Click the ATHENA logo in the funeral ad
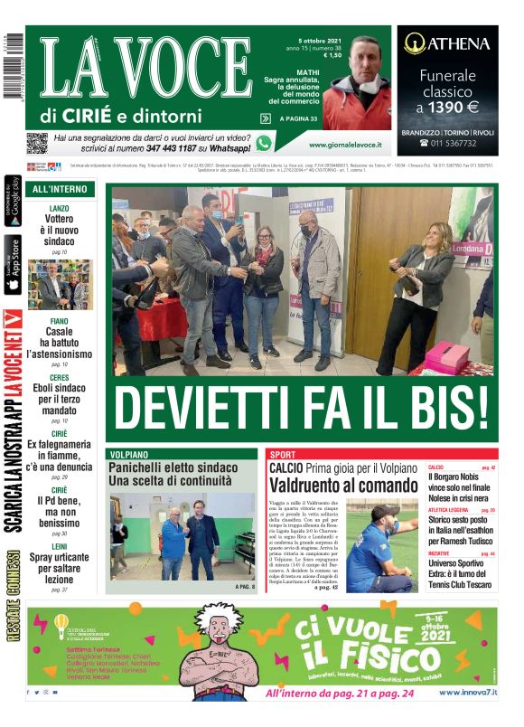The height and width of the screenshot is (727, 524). [x=447, y=42]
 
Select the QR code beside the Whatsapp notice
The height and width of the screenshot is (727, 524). [x=36, y=142]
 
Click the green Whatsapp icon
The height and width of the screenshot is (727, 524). [x=264, y=142]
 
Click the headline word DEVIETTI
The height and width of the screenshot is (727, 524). [x=208, y=407]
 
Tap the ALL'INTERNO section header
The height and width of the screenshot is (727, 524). [x=60, y=190]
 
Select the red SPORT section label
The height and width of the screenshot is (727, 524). [x=283, y=454]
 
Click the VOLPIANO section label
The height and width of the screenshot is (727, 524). [x=134, y=454]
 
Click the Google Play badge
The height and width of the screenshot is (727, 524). [x=14, y=201]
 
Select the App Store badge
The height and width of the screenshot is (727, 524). [x=14, y=264]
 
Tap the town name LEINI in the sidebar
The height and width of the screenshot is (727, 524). [x=60, y=545]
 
